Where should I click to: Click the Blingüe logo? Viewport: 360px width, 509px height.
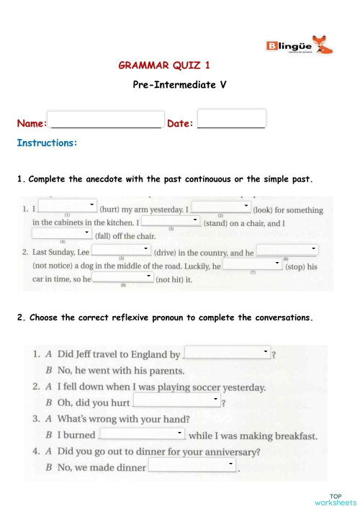point(300,48)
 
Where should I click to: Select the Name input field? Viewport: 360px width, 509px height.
point(106,119)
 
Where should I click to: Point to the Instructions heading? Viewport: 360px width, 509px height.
point(47,143)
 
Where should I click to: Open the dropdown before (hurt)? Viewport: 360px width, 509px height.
point(67,207)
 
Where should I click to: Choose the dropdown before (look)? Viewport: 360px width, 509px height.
point(220,207)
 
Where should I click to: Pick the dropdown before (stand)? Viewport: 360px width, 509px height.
point(171,221)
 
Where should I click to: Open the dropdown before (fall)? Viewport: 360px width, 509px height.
point(63,233)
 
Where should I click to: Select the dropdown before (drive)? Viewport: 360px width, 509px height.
point(122,250)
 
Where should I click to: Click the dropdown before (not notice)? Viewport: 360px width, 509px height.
point(287,250)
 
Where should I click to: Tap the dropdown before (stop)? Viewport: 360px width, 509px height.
point(252,264)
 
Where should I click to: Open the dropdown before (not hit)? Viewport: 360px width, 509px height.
point(123,277)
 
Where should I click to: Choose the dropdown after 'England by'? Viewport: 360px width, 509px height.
point(228,353)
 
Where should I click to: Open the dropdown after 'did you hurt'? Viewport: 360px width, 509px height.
point(177,400)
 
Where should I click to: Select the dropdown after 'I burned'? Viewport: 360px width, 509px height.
point(142,433)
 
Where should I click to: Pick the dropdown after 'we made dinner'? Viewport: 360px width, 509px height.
point(192,467)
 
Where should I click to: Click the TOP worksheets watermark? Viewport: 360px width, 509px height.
point(335,499)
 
